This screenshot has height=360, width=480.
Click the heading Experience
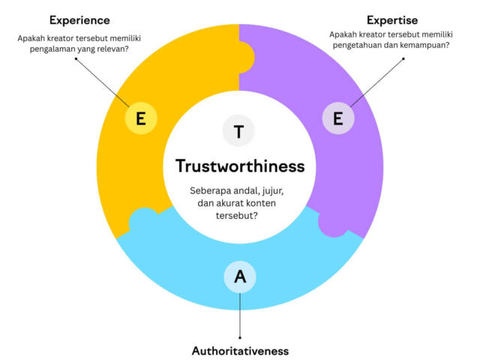[x=79, y=20]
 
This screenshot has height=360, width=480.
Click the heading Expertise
[x=392, y=20]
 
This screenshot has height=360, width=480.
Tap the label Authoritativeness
[x=240, y=351]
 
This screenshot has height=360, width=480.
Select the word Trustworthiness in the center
[x=240, y=166]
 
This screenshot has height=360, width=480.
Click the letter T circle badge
[x=238, y=130]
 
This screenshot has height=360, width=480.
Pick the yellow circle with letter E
[x=141, y=118]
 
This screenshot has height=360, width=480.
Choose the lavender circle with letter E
[x=338, y=118]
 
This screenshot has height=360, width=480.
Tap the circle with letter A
[x=240, y=277]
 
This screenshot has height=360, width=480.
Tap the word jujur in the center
[x=273, y=191]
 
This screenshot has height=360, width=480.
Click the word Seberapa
[x=210, y=191]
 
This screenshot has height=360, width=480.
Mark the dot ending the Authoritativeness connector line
[x=240, y=337]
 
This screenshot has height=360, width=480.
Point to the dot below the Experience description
[x=76, y=58]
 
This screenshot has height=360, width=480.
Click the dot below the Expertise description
[x=403, y=58]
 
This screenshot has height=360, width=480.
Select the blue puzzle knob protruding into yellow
[x=143, y=218]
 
